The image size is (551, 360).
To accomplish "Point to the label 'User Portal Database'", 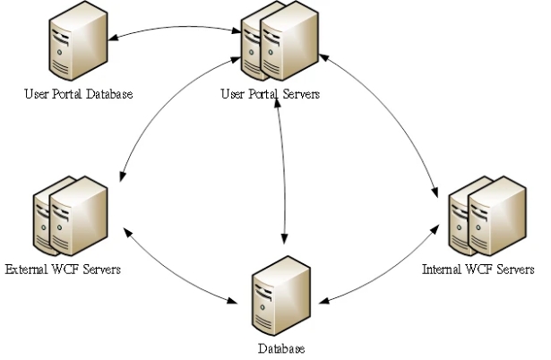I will coord(75,93).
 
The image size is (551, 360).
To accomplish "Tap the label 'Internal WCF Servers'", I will coord(478,268).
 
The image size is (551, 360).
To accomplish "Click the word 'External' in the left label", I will coord(25,268).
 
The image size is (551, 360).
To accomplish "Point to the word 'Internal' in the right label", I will coord(440,268).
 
